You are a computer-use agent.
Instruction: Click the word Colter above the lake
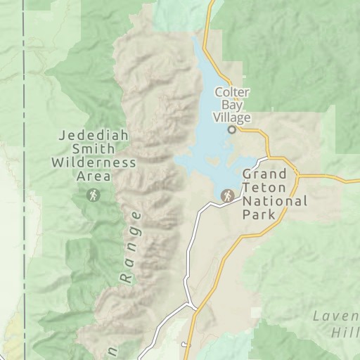pyautogui.click(x=232, y=91)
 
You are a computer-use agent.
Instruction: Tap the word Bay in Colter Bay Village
pyautogui.click(x=232, y=104)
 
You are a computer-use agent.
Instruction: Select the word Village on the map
pyautogui.click(x=233, y=116)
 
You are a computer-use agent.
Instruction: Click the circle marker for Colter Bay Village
pyautogui.click(x=232, y=129)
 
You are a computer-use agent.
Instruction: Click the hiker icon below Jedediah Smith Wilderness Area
pyautogui.click(x=93, y=195)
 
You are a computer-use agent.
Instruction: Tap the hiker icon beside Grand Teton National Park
pyautogui.click(x=227, y=196)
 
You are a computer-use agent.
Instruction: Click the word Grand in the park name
pyautogui.click(x=264, y=174)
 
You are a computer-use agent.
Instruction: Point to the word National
pyautogui.click(x=275, y=201)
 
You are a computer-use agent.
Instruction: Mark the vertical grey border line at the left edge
pyautogui.click(x=24, y=176)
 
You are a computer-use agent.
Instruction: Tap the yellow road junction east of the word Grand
pyautogui.click(x=297, y=174)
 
